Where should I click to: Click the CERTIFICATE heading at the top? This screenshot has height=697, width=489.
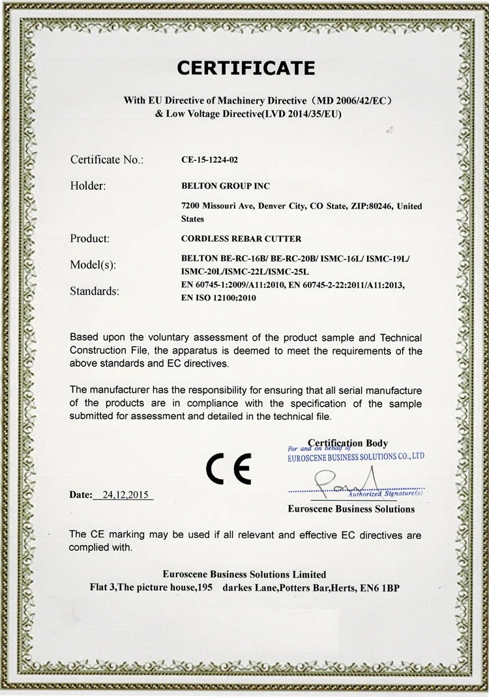pos(246,67)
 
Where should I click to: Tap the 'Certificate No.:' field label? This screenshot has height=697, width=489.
pos(106,159)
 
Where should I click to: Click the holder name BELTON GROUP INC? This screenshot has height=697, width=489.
pos(226,186)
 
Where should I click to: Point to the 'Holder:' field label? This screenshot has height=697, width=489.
pos(87,186)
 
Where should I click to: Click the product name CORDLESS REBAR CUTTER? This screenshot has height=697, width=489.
pos(241,239)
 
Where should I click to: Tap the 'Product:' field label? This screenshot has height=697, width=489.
pos(89,239)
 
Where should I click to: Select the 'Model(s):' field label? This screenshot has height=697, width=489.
pos(93,265)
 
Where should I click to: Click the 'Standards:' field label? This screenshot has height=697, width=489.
pos(95,291)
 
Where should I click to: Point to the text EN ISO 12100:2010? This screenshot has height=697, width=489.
pos(219,298)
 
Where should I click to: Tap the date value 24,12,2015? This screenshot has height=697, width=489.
pos(123,495)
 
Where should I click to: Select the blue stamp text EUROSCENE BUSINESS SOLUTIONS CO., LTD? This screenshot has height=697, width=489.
pos(356,458)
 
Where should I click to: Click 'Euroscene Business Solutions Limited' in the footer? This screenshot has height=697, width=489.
pos(244,574)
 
